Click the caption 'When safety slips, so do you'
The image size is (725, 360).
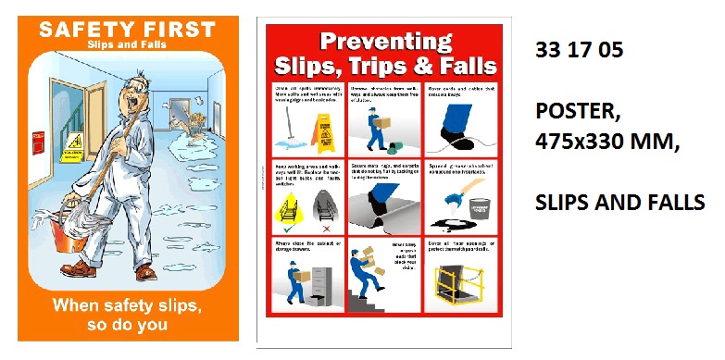[126, 314]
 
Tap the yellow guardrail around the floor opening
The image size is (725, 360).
[462, 282]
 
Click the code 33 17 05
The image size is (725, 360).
[578, 53]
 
